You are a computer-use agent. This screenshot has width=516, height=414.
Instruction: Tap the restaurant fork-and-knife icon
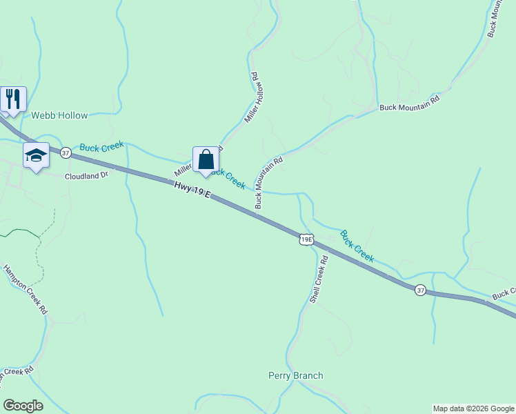click(x=12, y=99)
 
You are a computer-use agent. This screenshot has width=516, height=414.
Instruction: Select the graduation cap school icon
click(x=36, y=156)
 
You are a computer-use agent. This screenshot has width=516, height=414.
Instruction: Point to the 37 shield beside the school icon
click(x=66, y=153)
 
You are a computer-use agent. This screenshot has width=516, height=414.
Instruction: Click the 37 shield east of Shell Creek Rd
click(x=420, y=290)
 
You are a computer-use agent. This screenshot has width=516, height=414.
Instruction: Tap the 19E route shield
click(x=307, y=240)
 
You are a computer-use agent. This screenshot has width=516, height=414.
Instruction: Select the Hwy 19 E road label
click(x=191, y=188)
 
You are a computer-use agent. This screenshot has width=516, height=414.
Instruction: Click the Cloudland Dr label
click(x=87, y=175)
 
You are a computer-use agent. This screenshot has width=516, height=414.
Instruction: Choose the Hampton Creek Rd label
click(x=26, y=290)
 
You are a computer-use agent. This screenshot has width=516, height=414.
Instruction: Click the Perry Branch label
click(x=295, y=376)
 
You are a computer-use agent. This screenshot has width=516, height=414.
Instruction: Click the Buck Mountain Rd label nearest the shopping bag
click(x=269, y=183)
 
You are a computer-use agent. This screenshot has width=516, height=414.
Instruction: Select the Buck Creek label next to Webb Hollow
click(x=101, y=146)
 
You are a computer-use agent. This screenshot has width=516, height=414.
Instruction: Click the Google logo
click(x=23, y=406)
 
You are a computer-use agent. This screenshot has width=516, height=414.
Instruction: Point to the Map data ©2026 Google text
click(x=473, y=408)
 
